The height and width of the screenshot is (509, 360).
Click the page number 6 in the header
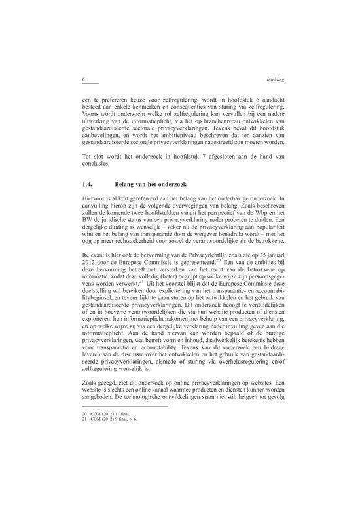point(84,79)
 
